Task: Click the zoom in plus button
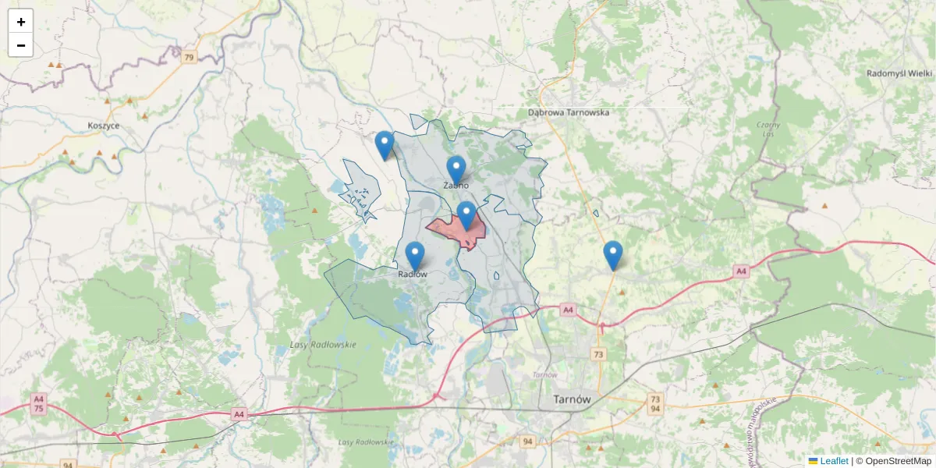tap(20, 22)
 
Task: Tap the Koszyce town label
tap(104, 126)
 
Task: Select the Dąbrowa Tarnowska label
tap(568, 112)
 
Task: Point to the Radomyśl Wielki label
tap(899, 73)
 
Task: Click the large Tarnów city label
tap(572, 399)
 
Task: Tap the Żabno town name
tap(456, 186)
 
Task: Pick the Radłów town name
tap(413, 274)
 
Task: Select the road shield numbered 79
tap(188, 57)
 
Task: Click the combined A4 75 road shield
tap(38, 403)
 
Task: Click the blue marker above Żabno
tap(456, 169)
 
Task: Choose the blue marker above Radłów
tap(415, 255)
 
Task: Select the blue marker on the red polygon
tap(466, 214)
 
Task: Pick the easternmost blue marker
tap(613, 254)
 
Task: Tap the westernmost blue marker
tap(384, 144)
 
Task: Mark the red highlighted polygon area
tap(448, 230)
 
